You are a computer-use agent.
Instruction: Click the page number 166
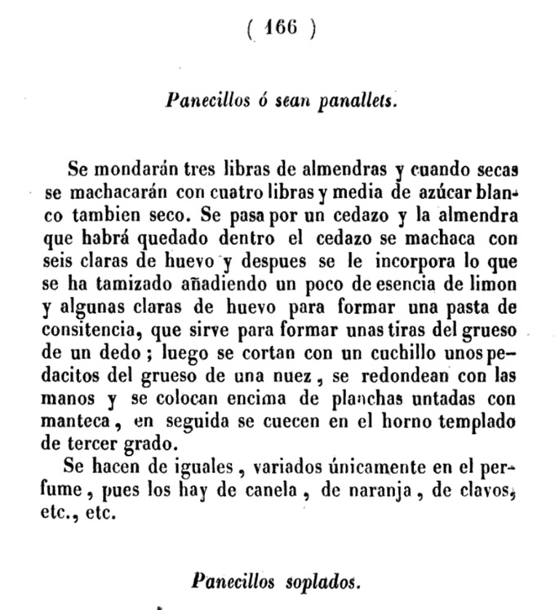tap(280, 29)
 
